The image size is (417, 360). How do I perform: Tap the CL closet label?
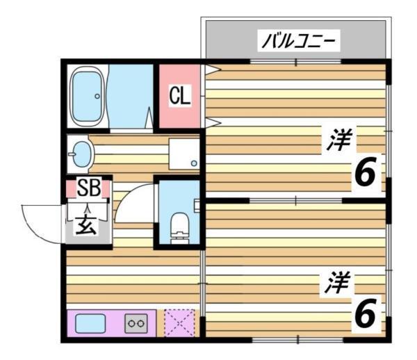coord(179,97)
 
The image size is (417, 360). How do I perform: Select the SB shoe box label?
coord(88,188)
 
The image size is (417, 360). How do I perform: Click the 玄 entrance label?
coord(86,226)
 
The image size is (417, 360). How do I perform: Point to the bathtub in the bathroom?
coord(88,97)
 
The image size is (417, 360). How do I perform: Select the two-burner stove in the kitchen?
coord(136,323)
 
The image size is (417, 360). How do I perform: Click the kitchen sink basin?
coord(90,324)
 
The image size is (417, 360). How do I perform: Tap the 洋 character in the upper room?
coord(341,140)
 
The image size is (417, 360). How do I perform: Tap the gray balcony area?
coord(229,42)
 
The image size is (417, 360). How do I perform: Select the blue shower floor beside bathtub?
coord(131,97)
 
